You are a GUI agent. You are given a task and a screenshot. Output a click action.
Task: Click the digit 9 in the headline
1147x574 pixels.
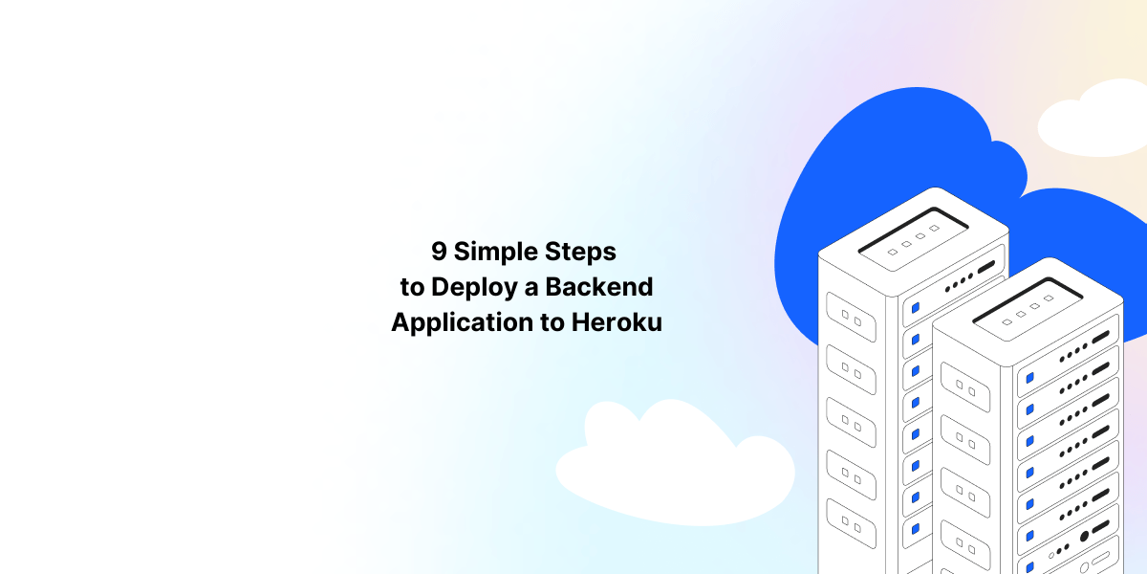439,252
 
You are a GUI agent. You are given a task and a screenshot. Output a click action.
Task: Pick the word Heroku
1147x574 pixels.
617,321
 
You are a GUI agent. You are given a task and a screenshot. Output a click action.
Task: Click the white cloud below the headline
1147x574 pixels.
669,459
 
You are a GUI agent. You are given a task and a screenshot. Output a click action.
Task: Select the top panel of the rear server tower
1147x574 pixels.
912,234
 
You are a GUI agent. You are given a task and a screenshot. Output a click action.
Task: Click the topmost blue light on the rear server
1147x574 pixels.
915,308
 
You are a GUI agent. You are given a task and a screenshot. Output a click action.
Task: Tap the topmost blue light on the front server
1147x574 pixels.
1029,379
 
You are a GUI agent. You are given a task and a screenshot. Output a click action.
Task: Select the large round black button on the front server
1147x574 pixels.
1084,537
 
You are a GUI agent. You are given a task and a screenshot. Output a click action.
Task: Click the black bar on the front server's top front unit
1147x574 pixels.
1101,337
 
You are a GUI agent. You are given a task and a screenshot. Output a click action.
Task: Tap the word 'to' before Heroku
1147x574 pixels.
552,322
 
